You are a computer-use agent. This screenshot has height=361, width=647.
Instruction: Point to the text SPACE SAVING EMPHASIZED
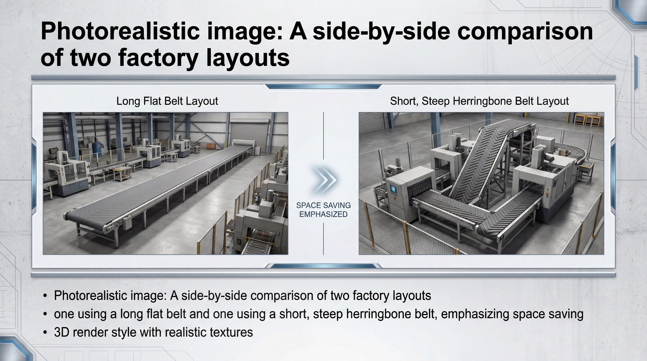tap(323, 210)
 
